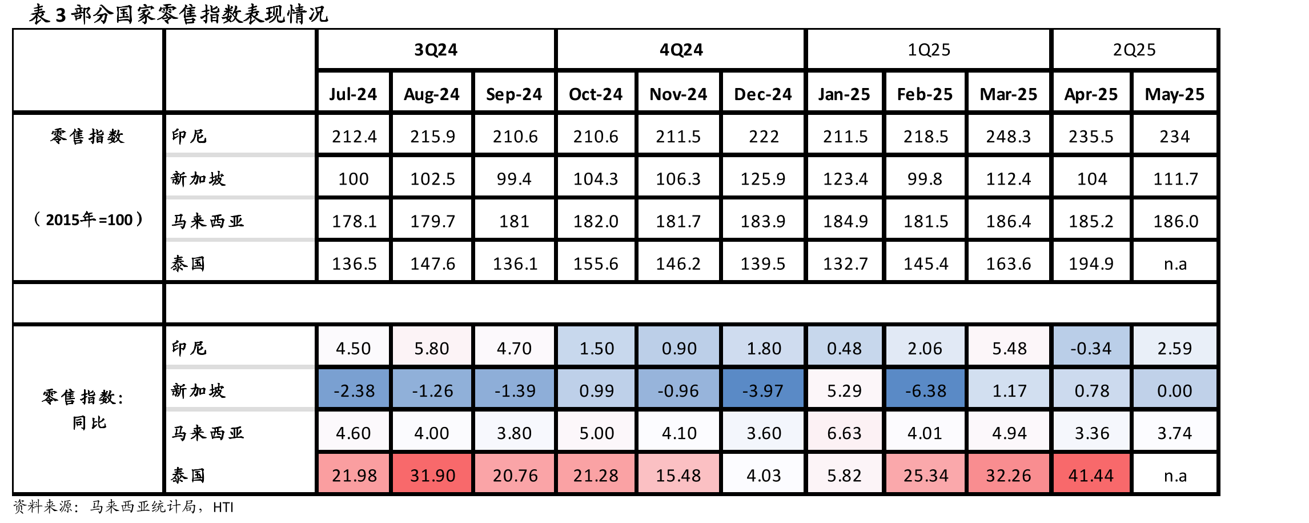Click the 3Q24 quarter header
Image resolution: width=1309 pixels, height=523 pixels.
(436, 50)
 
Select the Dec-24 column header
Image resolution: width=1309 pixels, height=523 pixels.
(763, 94)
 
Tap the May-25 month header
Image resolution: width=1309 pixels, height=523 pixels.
(1175, 94)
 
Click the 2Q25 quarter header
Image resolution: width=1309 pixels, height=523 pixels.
(1134, 50)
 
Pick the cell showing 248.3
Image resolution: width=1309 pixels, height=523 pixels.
(1009, 136)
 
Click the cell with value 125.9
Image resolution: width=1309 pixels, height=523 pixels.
(763, 178)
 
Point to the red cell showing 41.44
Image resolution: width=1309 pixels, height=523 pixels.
(1091, 475)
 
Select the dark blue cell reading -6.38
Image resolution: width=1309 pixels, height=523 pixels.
(925, 390)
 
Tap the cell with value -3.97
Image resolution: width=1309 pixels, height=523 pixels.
(763, 390)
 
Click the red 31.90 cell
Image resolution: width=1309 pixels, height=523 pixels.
(432, 475)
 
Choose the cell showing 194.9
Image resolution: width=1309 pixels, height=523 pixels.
(1091, 263)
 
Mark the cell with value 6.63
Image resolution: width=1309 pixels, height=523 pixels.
(844, 433)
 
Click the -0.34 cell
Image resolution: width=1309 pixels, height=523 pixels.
(1091, 348)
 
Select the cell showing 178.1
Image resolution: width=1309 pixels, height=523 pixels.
(354, 221)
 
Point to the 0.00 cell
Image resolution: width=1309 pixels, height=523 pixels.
(1175, 390)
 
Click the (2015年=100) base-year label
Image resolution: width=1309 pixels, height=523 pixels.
(88, 219)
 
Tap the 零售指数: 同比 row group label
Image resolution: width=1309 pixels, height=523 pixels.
(83, 409)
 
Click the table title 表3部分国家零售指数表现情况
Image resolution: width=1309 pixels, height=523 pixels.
(179, 14)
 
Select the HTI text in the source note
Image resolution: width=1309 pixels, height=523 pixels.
(223, 507)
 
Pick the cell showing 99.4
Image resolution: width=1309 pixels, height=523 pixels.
(514, 178)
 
